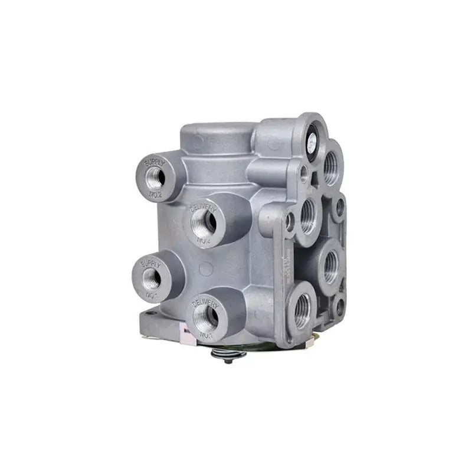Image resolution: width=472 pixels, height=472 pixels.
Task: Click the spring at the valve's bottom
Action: tap(227, 355)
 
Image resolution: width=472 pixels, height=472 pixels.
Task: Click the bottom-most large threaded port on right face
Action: tap(303, 309)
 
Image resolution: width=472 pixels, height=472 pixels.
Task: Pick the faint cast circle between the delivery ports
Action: tap(206, 269)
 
